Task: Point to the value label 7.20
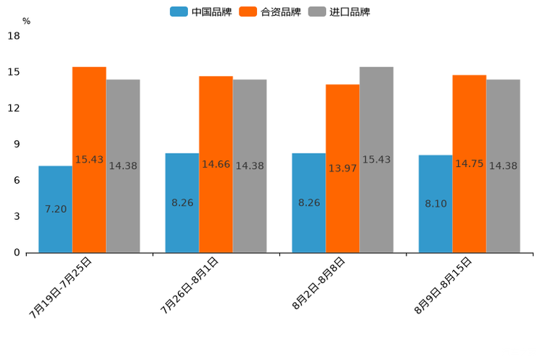(55, 209)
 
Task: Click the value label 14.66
(216, 165)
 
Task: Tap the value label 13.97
(343, 168)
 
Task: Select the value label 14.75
(469, 164)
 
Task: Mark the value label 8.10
(435, 204)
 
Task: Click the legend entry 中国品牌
(201, 12)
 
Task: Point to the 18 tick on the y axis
(14, 36)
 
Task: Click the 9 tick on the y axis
(17, 144)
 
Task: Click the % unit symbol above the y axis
(26, 21)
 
